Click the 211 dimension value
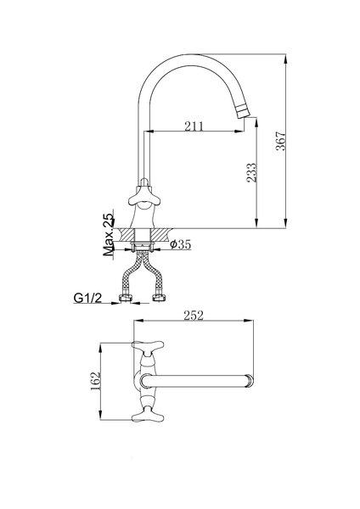(x=194, y=126)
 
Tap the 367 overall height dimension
(x=280, y=141)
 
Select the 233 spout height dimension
(x=252, y=172)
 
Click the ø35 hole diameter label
(x=180, y=244)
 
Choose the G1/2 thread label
(x=87, y=298)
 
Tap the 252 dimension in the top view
(x=194, y=316)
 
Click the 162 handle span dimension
(x=96, y=382)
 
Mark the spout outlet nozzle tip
(x=243, y=113)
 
